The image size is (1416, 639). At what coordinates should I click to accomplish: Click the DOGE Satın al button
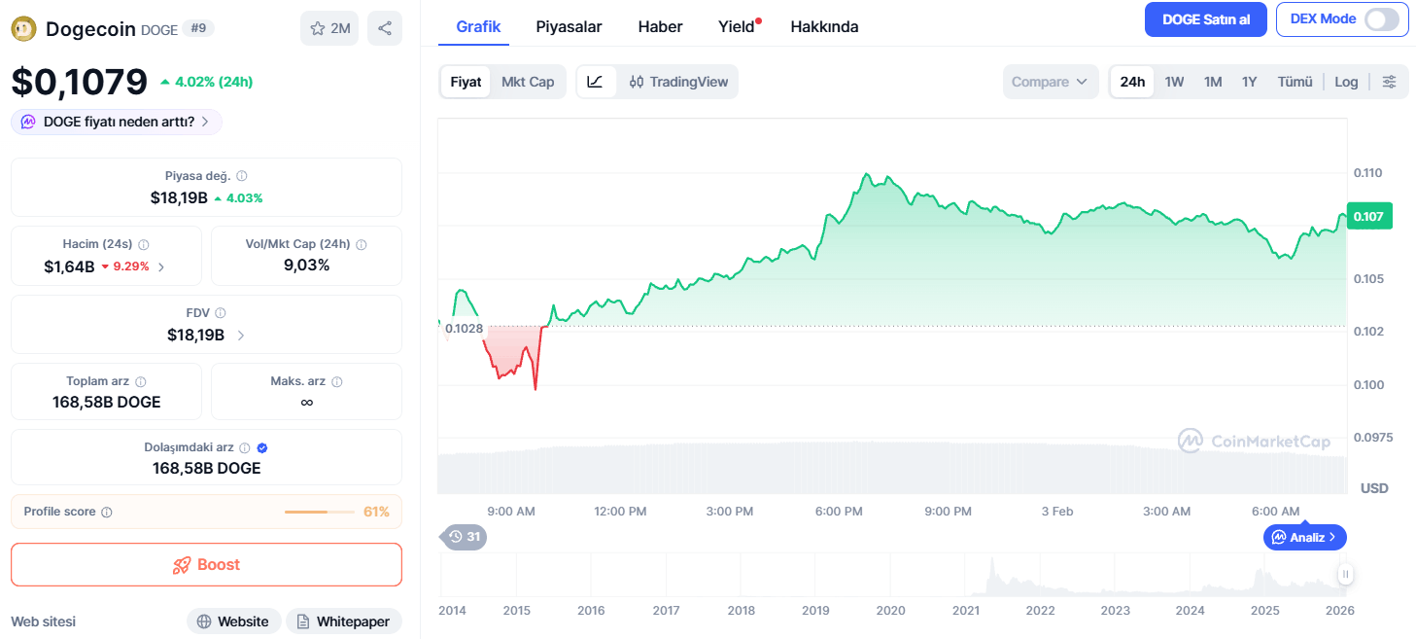(1205, 19)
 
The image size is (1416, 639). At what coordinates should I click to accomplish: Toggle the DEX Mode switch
(1381, 19)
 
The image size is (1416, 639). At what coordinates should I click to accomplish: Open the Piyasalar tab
(569, 26)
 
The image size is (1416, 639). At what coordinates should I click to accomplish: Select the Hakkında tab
(824, 26)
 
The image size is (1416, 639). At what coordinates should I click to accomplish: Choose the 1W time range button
(1174, 82)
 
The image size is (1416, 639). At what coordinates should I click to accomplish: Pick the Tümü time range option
(1295, 82)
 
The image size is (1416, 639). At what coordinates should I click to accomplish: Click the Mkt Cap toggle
(528, 82)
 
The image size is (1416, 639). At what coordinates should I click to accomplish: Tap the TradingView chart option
(678, 82)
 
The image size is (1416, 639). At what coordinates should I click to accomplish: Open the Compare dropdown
(1050, 82)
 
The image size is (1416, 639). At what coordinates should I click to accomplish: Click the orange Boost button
(206, 564)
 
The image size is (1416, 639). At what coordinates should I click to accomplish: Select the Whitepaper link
(344, 621)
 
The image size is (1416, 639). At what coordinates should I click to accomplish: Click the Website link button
(233, 621)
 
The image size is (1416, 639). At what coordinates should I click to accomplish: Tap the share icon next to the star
(384, 28)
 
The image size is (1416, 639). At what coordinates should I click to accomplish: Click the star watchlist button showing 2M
(329, 28)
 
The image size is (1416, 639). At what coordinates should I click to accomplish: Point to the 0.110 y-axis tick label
(1368, 173)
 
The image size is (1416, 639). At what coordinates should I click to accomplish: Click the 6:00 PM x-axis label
(838, 512)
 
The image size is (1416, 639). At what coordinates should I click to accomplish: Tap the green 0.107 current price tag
(1369, 216)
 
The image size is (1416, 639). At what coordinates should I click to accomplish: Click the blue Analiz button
(1305, 537)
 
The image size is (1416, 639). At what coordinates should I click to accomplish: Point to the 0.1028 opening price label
(464, 329)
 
